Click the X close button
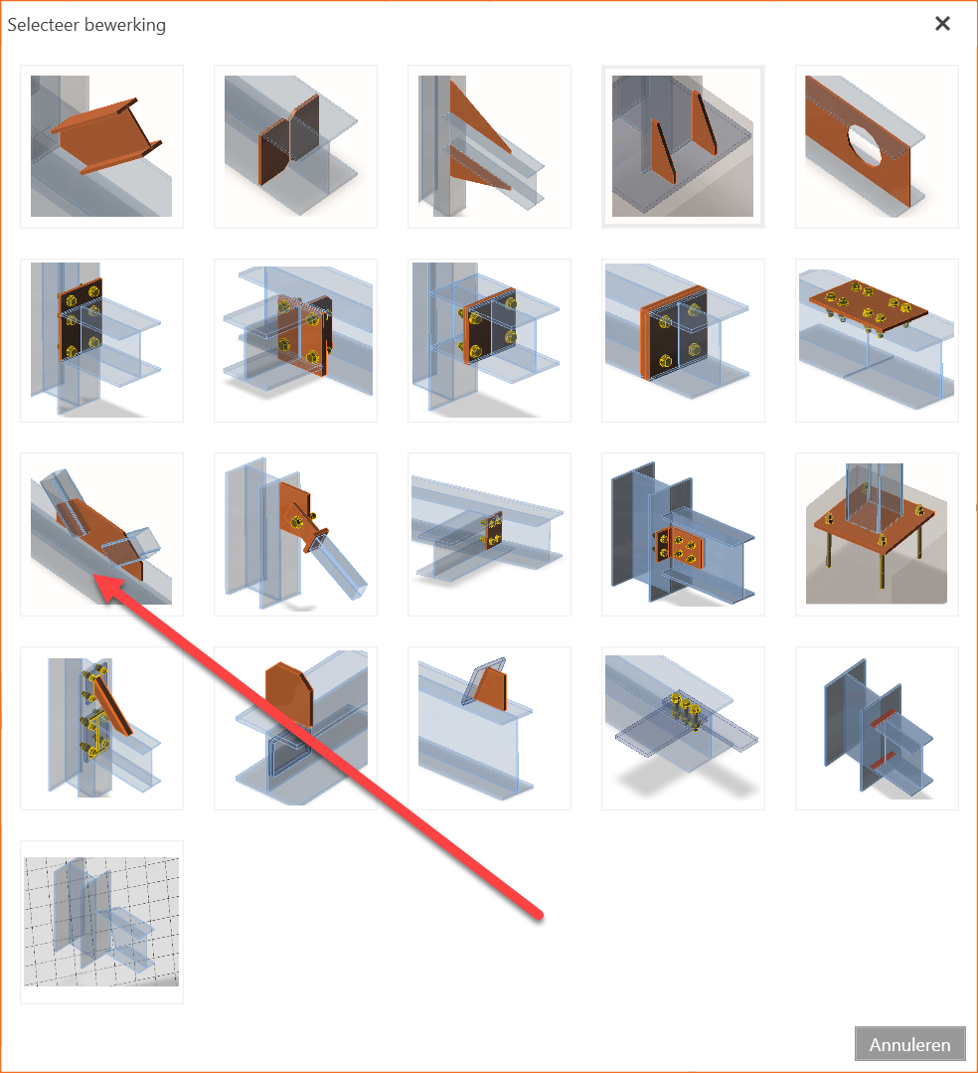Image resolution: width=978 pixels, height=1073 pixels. tap(942, 24)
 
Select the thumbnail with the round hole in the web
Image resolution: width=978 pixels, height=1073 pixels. tap(877, 146)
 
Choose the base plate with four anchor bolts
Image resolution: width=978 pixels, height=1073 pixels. tap(877, 534)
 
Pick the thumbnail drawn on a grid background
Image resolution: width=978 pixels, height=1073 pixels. tap(102, 923)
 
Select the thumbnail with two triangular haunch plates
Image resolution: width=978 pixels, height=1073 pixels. tap(489, 146)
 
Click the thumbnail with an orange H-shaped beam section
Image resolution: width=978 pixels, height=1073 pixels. tap(102, 146)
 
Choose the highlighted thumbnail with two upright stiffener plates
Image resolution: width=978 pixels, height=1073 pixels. tap(683, 146)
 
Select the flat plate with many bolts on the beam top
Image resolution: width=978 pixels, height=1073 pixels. tap(877, 340)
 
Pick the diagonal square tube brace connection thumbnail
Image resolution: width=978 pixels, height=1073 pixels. tap(295, 534)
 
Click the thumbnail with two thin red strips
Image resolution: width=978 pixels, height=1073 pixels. tap(877, 728)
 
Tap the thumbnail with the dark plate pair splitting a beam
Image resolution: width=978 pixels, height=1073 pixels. tap(295, 146)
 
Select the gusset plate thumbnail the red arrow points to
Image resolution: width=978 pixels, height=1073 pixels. tap(102, 534)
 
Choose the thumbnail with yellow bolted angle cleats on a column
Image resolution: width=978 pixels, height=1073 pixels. tap(102, 728)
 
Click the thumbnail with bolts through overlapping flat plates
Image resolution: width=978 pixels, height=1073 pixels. tap(683, 728)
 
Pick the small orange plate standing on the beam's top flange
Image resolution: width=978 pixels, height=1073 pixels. tap(489, 728)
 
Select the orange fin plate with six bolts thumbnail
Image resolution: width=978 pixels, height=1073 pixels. tap(683, 534)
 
